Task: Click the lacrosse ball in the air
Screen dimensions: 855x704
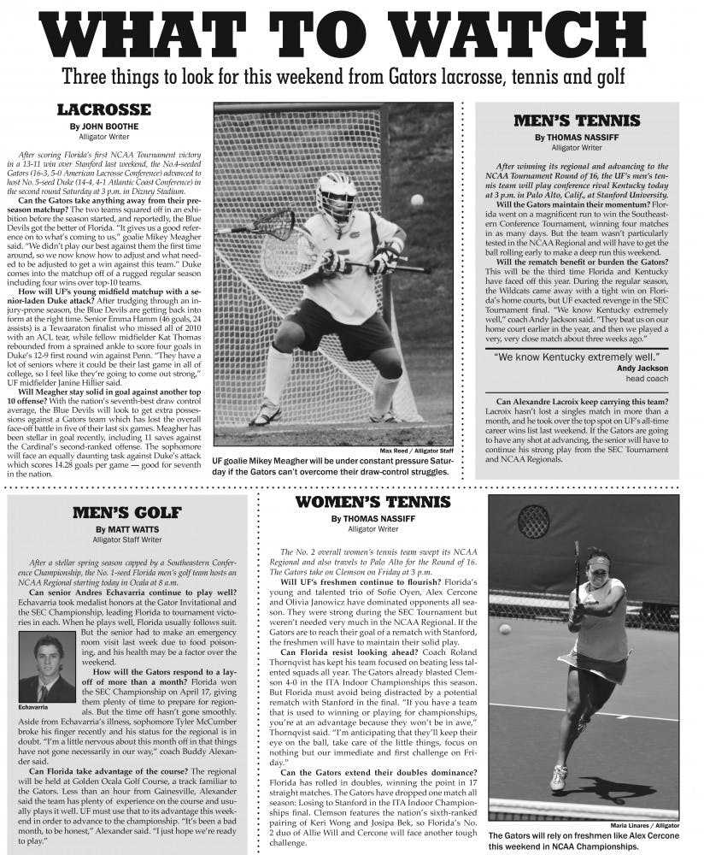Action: [416, 199]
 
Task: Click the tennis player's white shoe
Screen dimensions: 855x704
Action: [558, 780]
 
